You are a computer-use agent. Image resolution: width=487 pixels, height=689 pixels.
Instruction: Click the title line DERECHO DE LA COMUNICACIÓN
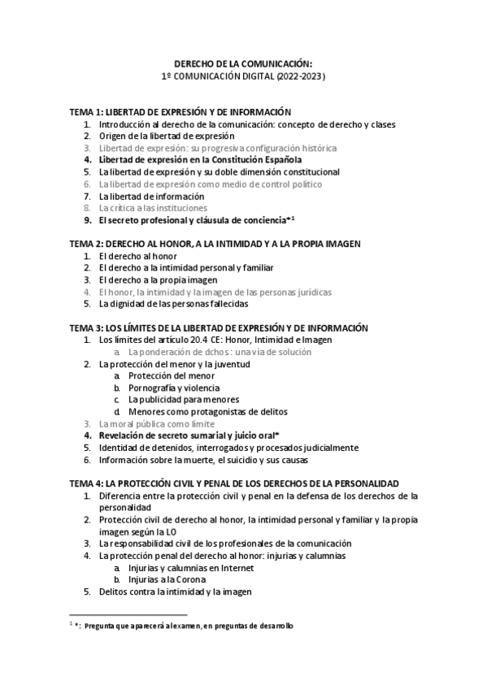[x=243, y=63]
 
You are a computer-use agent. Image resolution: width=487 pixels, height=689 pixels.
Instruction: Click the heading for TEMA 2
[x=215, y=243]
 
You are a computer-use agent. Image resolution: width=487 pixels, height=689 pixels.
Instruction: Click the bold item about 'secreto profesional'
[x=195, y=220]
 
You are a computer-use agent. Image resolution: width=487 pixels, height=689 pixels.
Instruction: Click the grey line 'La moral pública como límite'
[x=157, y=424]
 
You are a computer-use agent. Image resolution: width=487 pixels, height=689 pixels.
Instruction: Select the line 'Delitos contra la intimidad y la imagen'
[x=175, y=592]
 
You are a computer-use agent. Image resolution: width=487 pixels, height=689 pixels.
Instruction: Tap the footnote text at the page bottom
[x=184, y=626]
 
